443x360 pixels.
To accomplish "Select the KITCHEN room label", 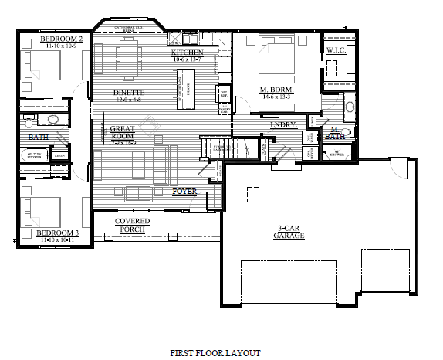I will (x=187, y=52).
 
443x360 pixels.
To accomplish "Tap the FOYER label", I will (x=184, y=190).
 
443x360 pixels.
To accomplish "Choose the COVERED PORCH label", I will (x=132, y=226).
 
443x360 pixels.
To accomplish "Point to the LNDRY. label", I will (x=283, y=124).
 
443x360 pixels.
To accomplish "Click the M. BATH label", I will (x=335, y=133).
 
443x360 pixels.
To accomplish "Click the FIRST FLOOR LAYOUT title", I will (x=215, y=352).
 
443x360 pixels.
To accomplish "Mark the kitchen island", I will (x=185, y=87).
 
